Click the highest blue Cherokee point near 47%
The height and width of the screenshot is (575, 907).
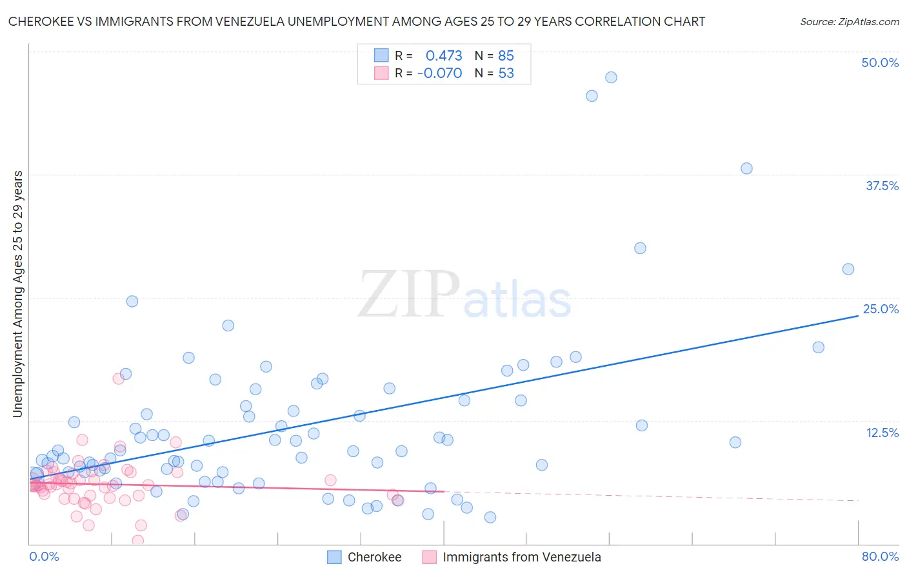[x=611, y=77]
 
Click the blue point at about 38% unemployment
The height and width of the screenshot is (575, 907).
[x=746, y=168]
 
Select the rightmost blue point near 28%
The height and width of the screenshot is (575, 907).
[x=848, y=269]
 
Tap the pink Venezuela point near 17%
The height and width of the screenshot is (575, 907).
[x=119, y=378]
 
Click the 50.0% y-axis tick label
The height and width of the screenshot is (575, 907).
[x=880, y=63]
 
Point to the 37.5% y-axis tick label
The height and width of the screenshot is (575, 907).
[x=882, y=186]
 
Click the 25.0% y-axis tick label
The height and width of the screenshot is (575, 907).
[x=881, y=309]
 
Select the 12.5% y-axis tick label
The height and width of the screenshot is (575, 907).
[x=882, y=433]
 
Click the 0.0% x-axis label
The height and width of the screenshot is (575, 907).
[x=44, y=557]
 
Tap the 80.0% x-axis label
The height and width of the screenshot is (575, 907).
[x=880, y=557]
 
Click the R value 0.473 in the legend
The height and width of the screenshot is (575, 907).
[x=444, y=56]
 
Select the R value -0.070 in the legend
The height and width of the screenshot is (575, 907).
[x=440, y=73]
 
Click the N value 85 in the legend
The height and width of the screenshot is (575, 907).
[x=506, y=56]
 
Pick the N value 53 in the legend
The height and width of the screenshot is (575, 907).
[x=506, y=73]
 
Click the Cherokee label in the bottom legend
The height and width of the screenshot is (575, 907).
[x=374, y=558]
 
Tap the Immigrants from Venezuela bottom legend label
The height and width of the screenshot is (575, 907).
[x=521, y=558]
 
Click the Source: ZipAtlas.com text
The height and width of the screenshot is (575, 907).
[x=849, y=22]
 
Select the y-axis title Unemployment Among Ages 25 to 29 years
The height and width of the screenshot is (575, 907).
[x=18, y=294]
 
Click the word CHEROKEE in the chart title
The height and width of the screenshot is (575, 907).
[x=37, y=22]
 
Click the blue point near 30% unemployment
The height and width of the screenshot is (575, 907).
[x=640, y=248]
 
